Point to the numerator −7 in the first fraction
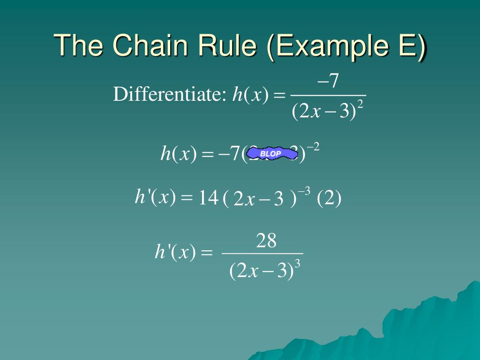tap(328, 82)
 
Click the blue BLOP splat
tap(271, 153)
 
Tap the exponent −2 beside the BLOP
tap(313, 147)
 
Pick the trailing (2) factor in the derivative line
tap(329, 199)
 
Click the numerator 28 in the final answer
tap(266, 241)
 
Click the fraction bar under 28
tap(262, 254)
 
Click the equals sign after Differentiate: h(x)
tap(279, 96)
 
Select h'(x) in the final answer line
tap(175, 253)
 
